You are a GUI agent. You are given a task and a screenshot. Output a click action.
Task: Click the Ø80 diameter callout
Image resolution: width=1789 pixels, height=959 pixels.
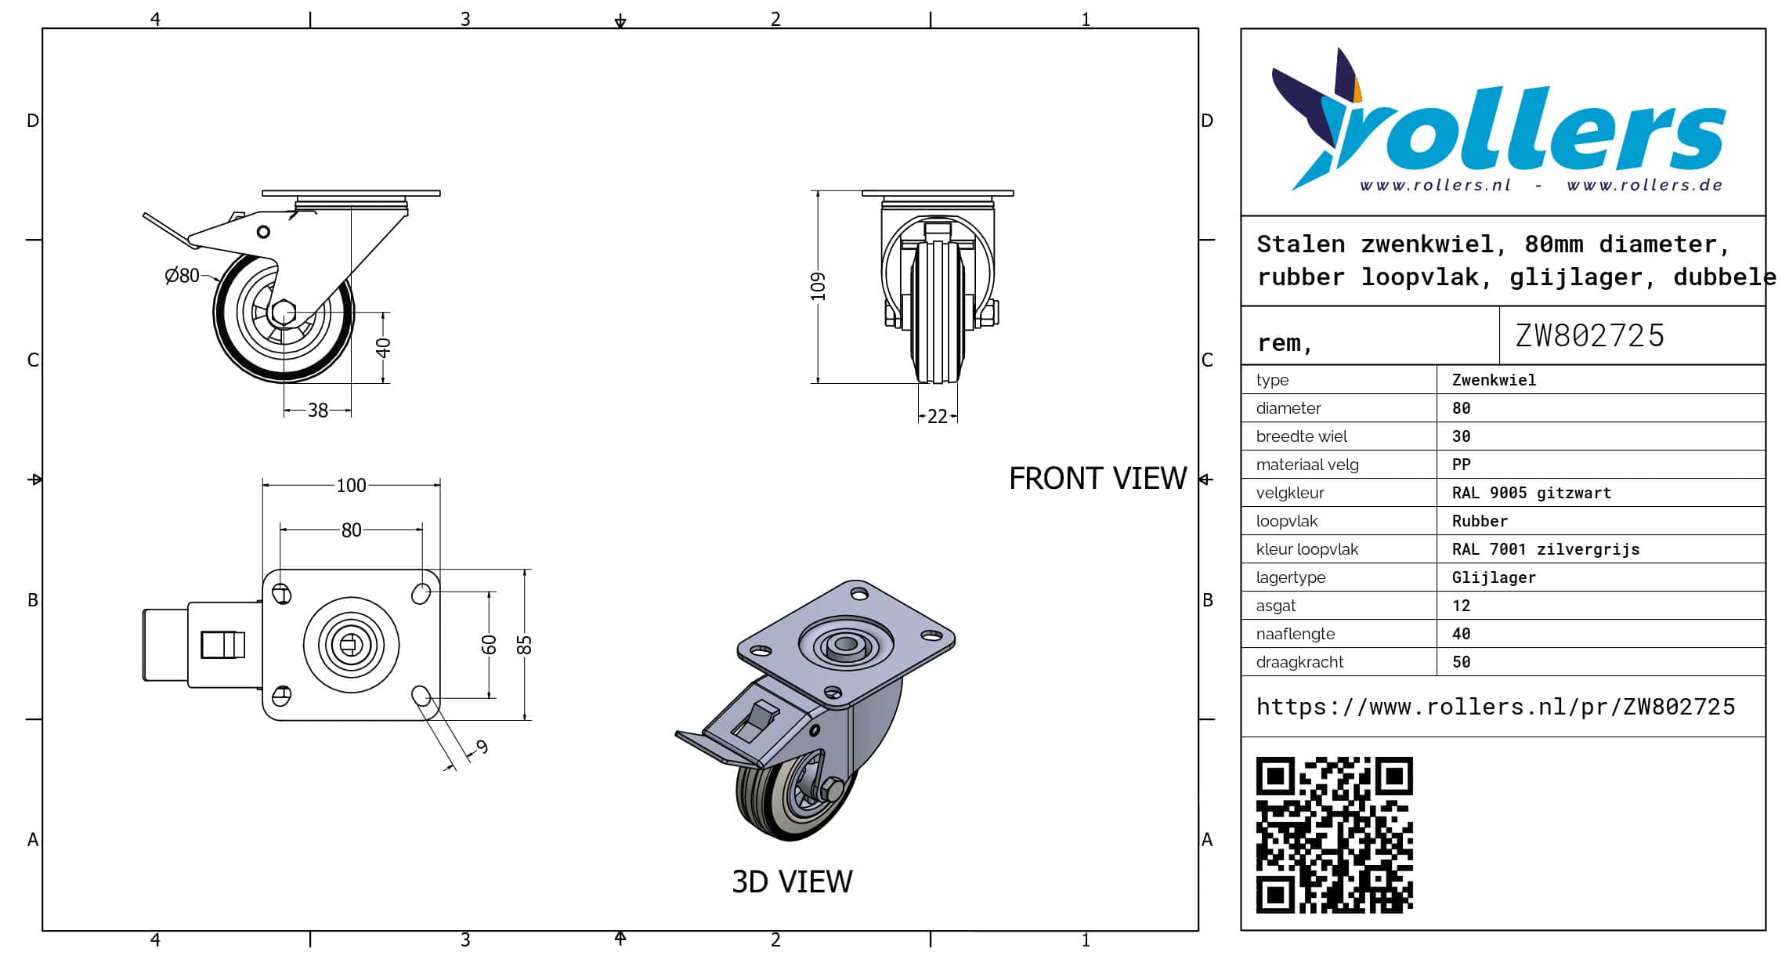coord(183,276)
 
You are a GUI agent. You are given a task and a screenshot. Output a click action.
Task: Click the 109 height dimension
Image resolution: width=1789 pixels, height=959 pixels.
coord(819,286)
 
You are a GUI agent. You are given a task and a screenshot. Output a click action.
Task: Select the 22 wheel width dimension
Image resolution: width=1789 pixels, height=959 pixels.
coord(938,417)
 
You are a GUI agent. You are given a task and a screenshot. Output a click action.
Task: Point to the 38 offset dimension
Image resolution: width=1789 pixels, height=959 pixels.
coord(317,411)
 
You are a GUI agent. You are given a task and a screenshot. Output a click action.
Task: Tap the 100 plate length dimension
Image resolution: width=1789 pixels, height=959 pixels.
coord(351,486)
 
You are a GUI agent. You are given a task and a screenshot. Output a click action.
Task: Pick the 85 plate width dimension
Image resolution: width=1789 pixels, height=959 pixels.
coord(525,645)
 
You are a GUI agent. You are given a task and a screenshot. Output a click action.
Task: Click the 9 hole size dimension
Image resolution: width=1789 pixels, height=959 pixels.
coord(482,747)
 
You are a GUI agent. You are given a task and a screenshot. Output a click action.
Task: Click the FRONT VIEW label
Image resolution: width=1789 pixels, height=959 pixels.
coord(1097,479)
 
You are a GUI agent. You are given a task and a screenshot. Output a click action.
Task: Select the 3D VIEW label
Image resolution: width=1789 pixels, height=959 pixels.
coord(792,882)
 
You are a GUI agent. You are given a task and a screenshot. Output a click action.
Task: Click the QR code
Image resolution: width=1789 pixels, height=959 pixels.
coord(1334,834)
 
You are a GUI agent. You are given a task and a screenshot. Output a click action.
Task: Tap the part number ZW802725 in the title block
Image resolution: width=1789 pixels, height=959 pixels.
coord(1589,336)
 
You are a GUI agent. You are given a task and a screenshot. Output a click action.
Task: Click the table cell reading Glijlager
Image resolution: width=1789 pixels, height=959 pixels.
coord(1494,577)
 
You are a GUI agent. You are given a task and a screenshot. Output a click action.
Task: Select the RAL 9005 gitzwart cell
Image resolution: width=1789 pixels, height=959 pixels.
coord(1531,493)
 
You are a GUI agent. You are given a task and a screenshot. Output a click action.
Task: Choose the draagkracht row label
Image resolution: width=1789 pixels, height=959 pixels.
coord(1299,662)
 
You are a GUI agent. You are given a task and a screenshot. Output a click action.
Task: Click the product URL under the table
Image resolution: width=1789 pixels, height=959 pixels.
coord(1495,707)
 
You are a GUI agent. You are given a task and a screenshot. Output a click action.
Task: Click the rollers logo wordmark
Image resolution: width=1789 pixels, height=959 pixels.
coord(1527,133)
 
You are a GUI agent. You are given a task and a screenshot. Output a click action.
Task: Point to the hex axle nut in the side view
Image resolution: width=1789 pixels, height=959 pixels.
coord(284,312)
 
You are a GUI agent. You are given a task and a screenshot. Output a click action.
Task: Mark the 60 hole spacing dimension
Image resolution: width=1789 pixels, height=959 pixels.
coord(489,645)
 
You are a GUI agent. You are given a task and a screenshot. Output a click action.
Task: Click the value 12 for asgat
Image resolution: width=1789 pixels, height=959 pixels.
coord(1461,606)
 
